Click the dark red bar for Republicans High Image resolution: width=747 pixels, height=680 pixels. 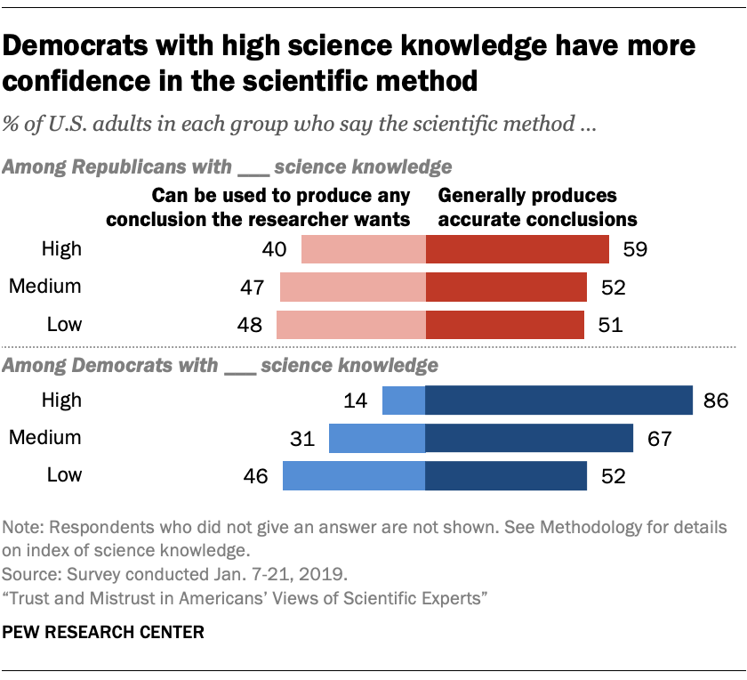coord(518,249)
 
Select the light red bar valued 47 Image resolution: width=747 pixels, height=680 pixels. coord(353,287)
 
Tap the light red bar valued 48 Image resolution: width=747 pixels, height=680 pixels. coord(351,324)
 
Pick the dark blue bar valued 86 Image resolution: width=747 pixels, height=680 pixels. coord(558,400)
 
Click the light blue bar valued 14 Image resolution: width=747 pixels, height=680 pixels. coord(404,400)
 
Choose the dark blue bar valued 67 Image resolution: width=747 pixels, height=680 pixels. coord(529,437)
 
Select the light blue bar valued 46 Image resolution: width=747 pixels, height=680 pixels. coord(354,475)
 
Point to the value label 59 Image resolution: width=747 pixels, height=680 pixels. coord(634,249)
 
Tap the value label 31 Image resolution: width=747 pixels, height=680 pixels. coord(301,438)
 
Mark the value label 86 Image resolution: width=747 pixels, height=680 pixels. coord(718,401)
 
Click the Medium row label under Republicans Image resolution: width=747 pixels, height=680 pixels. coord(44,287)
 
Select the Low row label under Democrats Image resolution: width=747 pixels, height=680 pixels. coord(64,474)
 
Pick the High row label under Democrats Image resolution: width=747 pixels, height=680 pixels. coord(61,400)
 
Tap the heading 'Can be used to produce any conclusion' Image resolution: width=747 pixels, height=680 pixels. coord(282,206)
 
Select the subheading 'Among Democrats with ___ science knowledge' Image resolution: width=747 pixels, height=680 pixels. coord(221,365)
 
